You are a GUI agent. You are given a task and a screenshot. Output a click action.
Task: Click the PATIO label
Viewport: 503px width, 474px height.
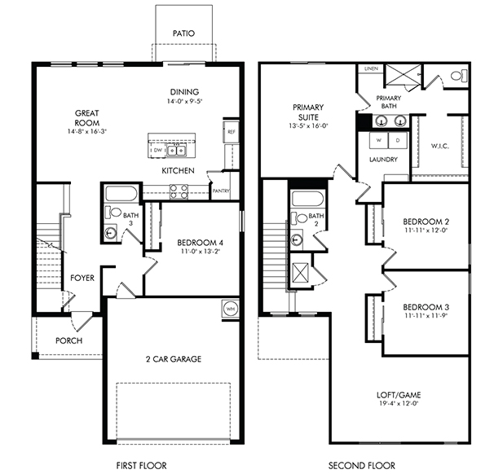[183, 33]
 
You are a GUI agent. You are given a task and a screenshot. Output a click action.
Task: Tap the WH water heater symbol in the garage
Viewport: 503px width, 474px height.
[231, 309]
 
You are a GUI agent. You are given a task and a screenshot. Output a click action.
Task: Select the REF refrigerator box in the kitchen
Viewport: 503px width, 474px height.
[232, 132]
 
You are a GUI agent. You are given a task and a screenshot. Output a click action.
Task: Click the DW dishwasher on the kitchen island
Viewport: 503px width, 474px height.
[157, 150]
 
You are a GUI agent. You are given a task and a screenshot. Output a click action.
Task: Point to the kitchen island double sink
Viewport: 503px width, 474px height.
[176, 150]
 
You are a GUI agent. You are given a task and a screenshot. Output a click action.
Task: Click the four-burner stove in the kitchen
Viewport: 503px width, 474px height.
[179, 191]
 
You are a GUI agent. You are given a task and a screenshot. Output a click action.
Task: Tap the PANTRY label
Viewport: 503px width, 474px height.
[221, 191]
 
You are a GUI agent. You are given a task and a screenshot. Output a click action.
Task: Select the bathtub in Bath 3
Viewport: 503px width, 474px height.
[121, 193]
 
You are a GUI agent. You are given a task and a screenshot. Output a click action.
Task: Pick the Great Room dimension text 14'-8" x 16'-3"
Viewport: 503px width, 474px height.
[87, 131]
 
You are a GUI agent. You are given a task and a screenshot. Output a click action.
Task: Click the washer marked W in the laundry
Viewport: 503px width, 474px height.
[379, 140]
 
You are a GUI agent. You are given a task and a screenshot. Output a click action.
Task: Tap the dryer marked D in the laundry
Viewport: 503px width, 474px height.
[398, 140]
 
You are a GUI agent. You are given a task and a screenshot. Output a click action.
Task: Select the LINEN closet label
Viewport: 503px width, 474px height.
[371, 68]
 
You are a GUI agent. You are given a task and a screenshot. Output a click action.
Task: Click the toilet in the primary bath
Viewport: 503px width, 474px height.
[459, 76]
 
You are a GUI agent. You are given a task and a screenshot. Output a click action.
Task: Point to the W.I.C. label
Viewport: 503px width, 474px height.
[439, 146]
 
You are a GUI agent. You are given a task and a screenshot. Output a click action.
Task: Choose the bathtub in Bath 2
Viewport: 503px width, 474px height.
[307, 200]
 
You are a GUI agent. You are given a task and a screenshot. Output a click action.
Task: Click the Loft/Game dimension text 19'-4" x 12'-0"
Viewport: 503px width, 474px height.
[399, 403]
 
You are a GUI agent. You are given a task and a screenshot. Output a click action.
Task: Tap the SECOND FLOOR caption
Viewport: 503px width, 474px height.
[362, 465]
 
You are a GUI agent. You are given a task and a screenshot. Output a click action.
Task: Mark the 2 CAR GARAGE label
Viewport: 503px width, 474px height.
[174, 359]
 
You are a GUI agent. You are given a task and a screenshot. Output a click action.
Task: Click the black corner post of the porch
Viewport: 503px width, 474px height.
[35, 355]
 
